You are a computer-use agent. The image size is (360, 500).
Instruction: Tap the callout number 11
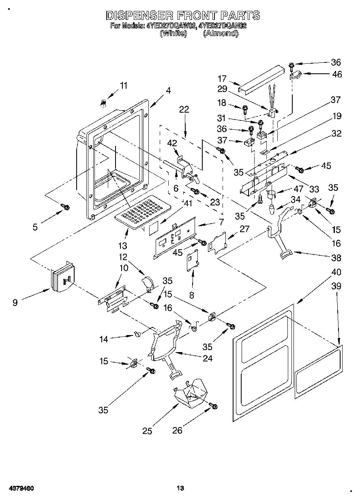pos(123,85)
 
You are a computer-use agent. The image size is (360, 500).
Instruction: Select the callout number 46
pos(336,74)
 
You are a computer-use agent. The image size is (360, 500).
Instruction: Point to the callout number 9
pos(15,302)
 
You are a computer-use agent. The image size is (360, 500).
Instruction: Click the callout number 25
pos(147,431)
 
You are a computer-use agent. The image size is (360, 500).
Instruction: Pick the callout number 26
pos(177,431)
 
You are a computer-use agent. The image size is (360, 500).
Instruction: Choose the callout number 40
pos(336,272)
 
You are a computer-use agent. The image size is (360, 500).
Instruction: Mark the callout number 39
pos(336,286)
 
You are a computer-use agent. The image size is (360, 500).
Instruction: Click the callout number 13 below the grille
pos(122,246)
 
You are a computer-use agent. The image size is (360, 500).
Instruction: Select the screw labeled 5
pos(65,207)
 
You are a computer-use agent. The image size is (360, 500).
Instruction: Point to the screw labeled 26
pos(213,406)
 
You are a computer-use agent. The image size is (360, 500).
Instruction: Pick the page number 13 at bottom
pos(180,488)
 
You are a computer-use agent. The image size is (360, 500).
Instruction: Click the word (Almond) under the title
pos(221,34)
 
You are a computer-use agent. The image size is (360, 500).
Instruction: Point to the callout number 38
pos(336,258)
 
